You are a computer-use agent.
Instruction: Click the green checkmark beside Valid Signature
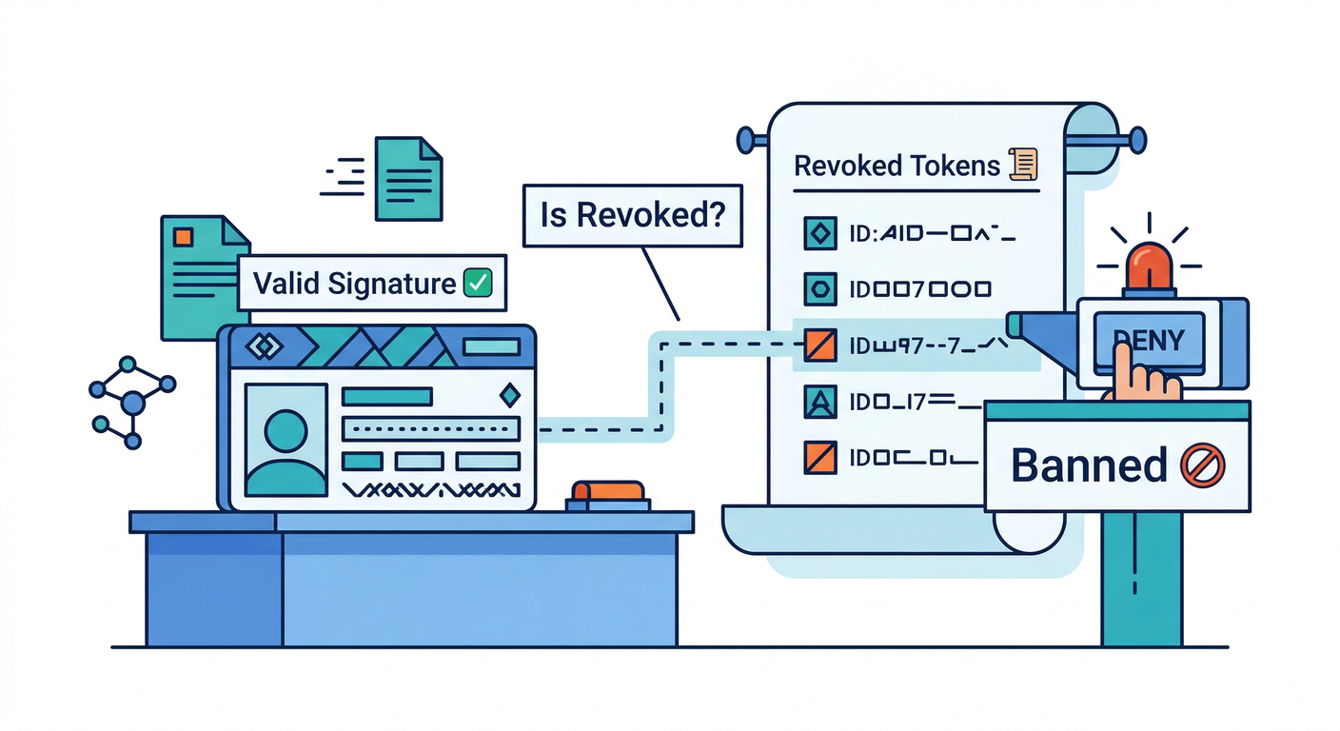pyautogui.click(x=476, y=283)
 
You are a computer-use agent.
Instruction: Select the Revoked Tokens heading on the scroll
pyautogui.click(x=897, y=166)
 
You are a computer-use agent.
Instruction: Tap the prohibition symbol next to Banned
pyautogui.click(x=1201, y=466)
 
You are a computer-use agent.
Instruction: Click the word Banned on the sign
pyautogui.click(x=1088, y=465)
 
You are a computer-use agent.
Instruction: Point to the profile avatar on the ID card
pyautogui.click(x=286, y=439)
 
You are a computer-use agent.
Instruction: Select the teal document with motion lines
pyautogui.click(x=408, y=178)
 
